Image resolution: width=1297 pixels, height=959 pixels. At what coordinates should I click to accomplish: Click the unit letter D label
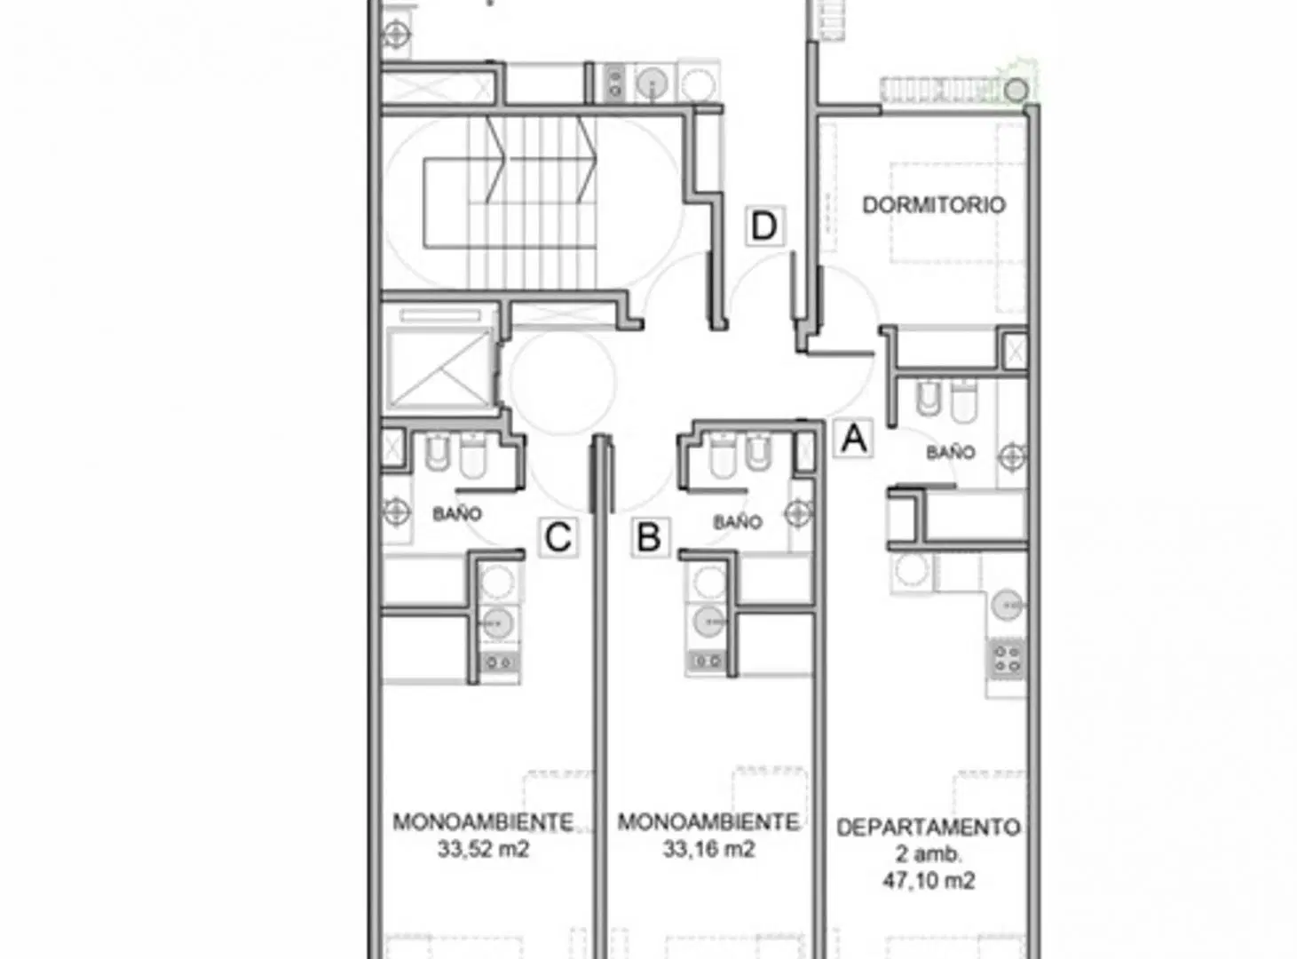(764, 226)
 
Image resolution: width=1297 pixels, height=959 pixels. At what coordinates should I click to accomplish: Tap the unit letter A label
(853, 438)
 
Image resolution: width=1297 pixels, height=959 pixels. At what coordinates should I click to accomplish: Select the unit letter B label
(650, 536)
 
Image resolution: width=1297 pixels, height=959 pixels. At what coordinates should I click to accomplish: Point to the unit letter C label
(558, 536)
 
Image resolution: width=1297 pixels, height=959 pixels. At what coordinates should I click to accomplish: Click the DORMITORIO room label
(934, 205)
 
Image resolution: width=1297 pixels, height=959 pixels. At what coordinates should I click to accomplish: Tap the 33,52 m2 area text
(483, 848)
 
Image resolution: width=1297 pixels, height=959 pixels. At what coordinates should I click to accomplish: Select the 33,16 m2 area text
(708, 848)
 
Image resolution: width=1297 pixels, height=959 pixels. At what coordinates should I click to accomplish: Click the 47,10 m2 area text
(929, 880)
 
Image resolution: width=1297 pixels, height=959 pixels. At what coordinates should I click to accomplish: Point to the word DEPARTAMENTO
(929, 828)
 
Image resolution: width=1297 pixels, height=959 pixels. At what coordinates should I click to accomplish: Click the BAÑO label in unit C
(457, 514)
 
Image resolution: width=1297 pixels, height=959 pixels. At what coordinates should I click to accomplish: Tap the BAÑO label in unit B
(738, 522)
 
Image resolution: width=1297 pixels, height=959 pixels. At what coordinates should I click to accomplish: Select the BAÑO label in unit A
(951, 452)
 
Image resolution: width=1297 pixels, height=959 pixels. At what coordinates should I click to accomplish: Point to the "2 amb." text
(929, 854)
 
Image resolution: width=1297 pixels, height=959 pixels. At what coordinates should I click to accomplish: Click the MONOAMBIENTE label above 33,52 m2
(483, 822)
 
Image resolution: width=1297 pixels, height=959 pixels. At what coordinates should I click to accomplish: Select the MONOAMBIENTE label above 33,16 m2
(708, 822)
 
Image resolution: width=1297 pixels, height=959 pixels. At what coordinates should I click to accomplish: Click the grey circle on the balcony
(1016, 91)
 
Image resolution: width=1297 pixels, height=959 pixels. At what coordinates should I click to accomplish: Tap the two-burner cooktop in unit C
(500, 662)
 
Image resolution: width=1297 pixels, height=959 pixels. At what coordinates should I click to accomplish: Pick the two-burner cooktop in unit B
(707, 662)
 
